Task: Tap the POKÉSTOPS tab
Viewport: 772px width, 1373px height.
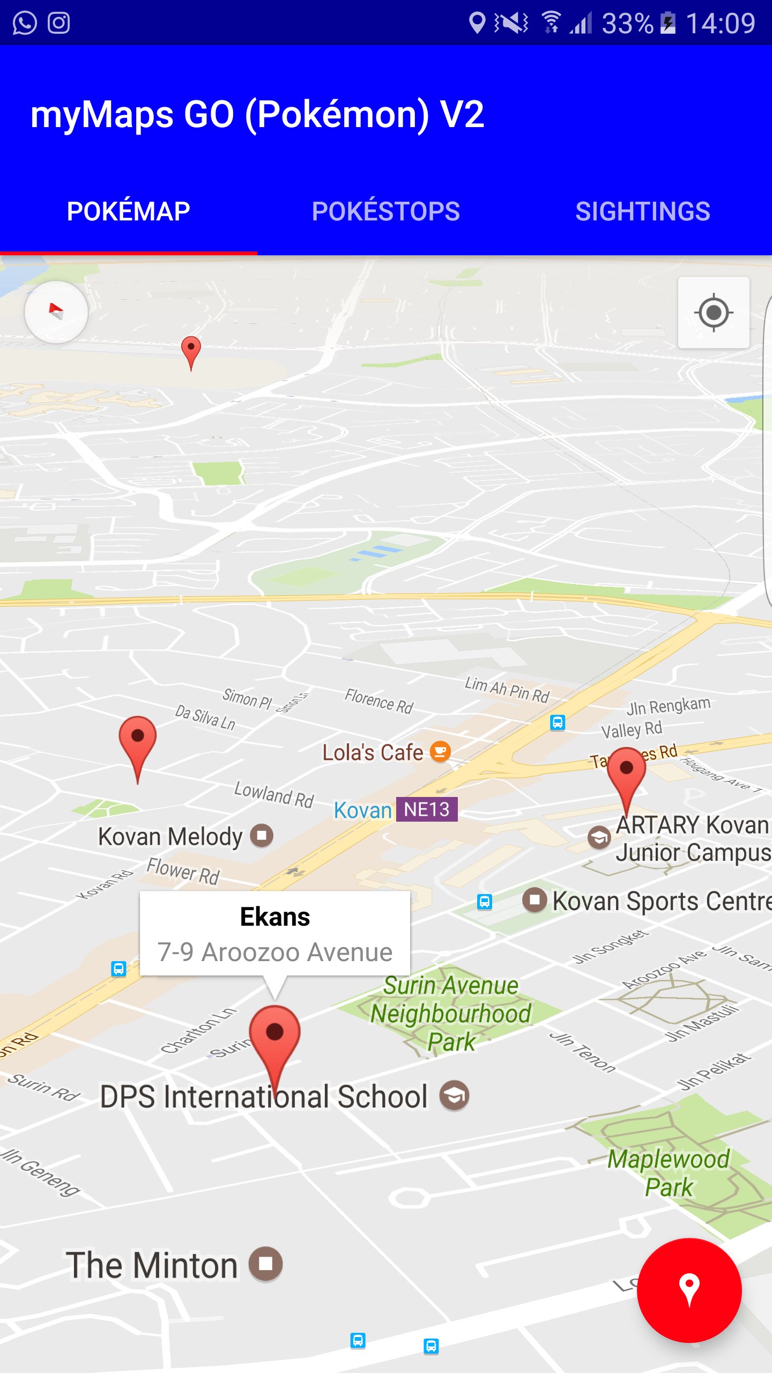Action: point(386,211)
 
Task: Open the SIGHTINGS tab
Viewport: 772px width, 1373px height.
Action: point(643,211)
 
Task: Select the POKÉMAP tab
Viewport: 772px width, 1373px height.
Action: point(128,211)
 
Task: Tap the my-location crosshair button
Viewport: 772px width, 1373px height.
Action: point(713,313)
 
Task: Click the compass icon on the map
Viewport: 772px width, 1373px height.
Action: point(56,312)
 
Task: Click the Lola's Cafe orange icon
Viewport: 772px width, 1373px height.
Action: point(440,752)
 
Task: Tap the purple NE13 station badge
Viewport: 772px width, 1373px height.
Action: point(427,809)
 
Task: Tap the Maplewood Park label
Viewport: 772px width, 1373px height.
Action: point(669,1173)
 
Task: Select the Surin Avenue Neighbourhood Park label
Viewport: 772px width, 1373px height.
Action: point(451,1014)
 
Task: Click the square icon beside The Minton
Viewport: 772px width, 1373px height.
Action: point(266,1264)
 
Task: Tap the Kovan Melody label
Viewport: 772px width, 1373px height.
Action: point(170,837)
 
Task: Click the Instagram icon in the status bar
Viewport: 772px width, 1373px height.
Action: point(59,23)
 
